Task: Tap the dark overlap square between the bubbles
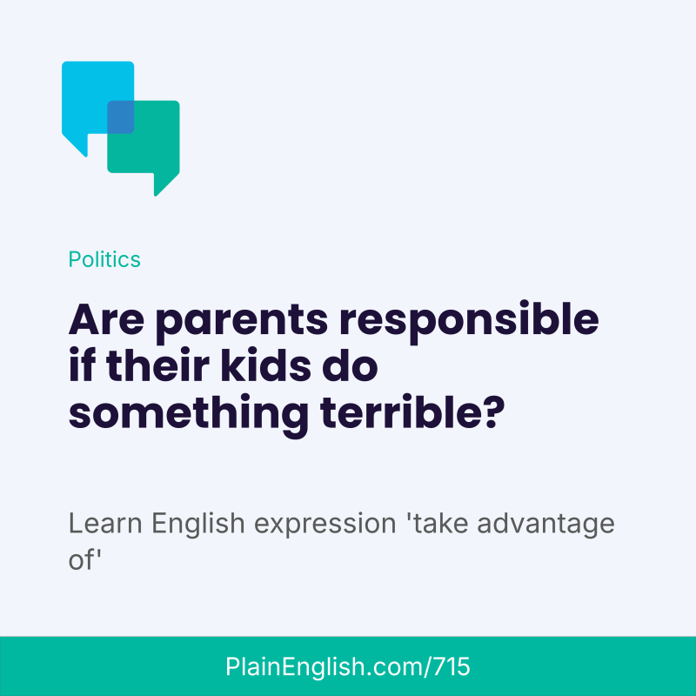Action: pyautogui.click(x=120, y=117)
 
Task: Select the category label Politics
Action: pyautogui.click(x=104, y=259)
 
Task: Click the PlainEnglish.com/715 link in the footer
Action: pyautogui.click(x=348, y=667)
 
